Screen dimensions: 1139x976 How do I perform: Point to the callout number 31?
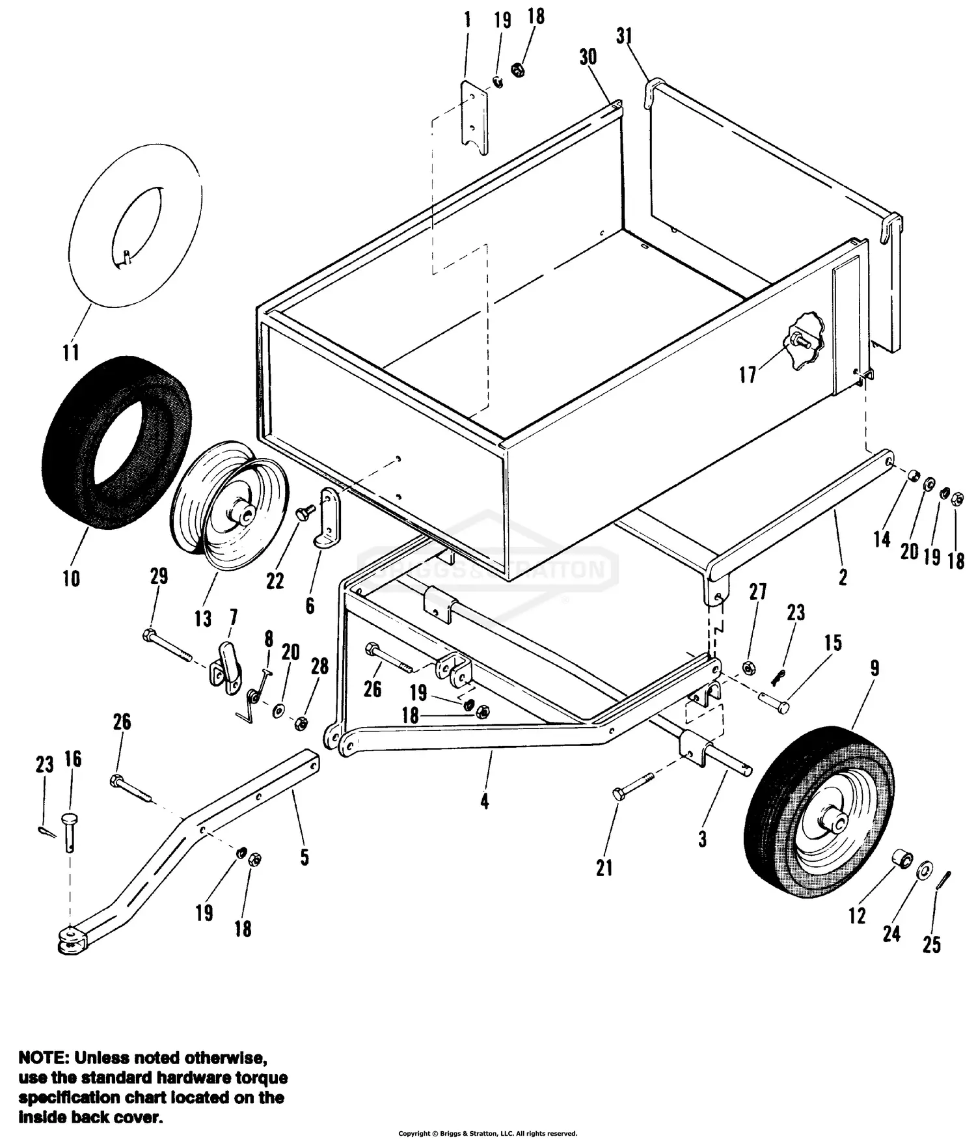624,36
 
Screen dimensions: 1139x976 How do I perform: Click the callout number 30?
588,57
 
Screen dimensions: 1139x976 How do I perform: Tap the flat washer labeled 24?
923,871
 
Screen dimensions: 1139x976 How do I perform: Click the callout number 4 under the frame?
484,802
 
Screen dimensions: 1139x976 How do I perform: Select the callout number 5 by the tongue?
304,857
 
